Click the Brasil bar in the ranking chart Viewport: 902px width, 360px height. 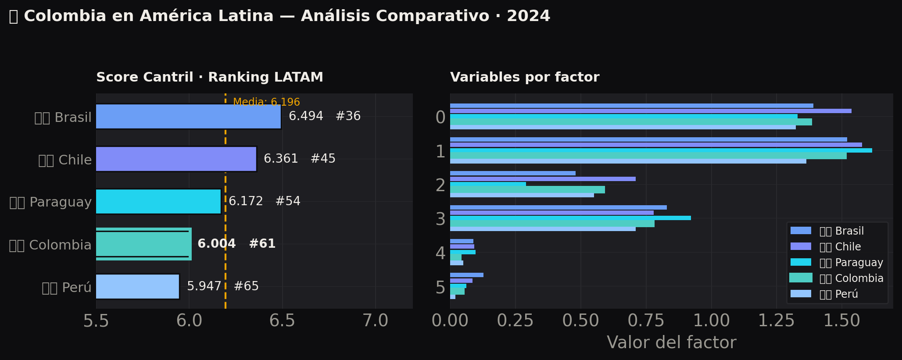click(188, 116)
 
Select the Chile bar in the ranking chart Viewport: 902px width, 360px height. click(176, 159)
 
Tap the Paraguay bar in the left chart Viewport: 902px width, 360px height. click(158, 201)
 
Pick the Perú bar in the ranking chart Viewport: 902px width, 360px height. click(137, 286)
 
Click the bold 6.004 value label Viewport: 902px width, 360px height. click(217, 244)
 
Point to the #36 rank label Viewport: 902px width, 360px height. click(348, 116)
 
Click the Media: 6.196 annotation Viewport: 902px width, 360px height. click(266, 102)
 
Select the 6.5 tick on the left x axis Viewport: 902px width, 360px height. click(282, 321)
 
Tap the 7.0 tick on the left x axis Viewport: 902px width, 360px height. click(376, 321)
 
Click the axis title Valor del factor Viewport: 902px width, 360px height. click(671, 342)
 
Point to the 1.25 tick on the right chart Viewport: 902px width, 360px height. click(776, 321)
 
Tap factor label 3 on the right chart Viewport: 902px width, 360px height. click(440, 219)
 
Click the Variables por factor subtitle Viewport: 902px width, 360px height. click(525, 77)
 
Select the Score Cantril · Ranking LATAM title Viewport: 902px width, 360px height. click(210, 77)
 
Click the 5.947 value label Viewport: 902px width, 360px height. click(204, 286)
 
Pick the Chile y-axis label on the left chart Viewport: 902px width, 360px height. click(65, 160)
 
